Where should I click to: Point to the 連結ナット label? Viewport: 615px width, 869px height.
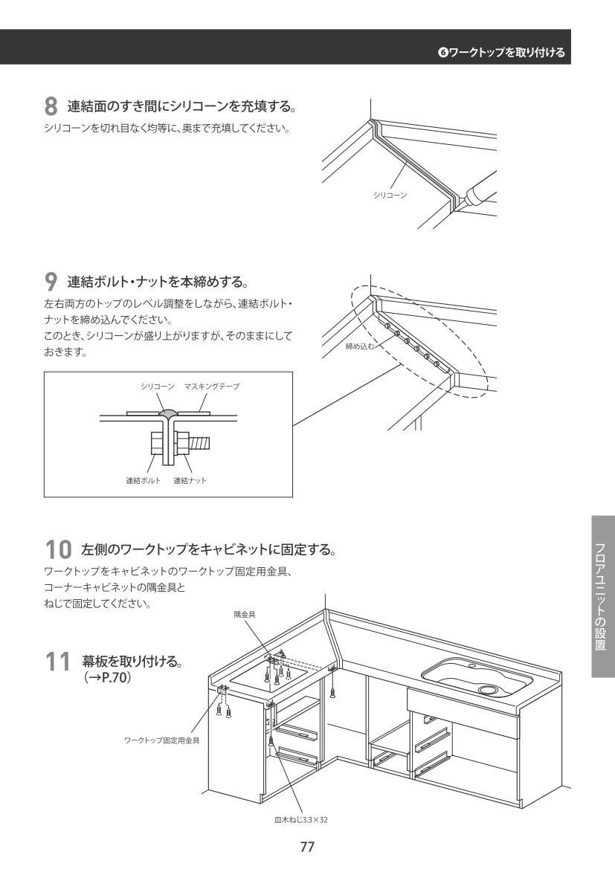190,480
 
